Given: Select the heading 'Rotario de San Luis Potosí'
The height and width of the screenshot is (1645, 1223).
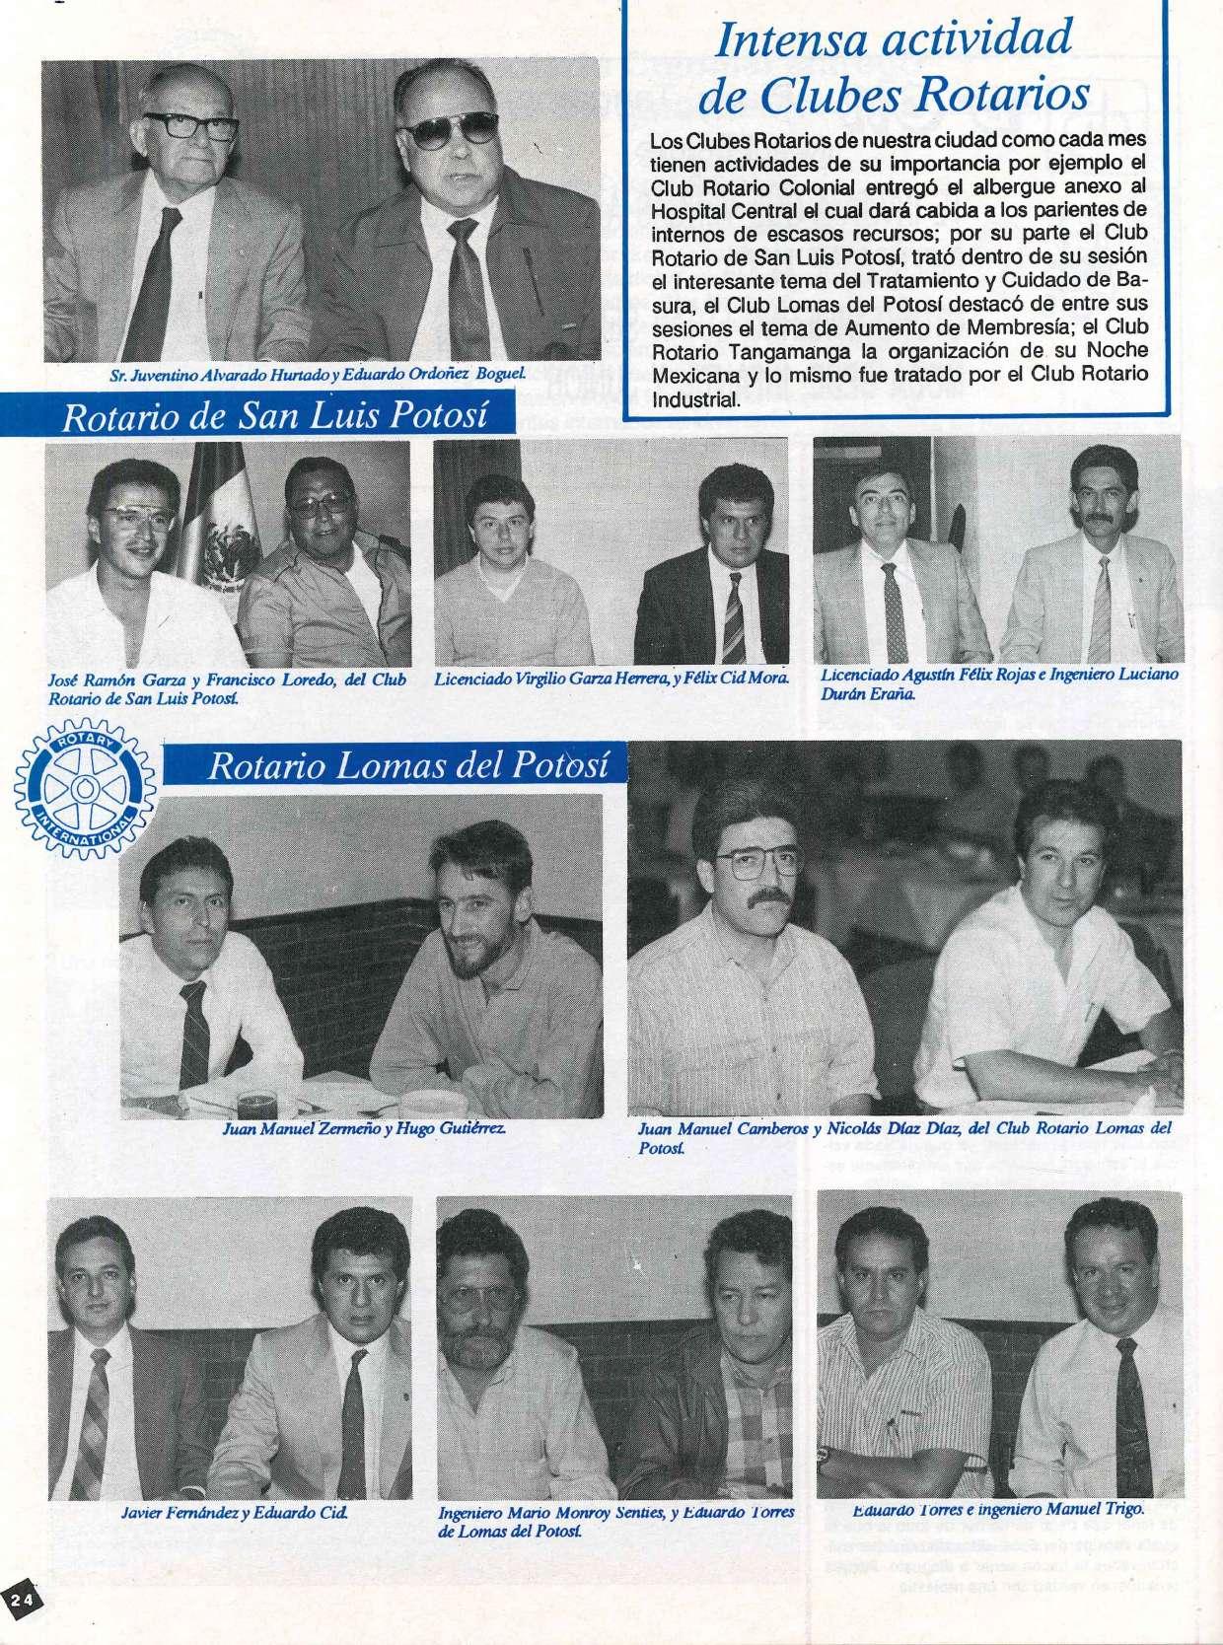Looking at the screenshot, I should coord(275,416).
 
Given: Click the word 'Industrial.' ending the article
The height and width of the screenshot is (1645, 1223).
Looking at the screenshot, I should coord(695,400).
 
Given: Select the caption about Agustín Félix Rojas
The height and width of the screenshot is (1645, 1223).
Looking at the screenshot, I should coord(998,683).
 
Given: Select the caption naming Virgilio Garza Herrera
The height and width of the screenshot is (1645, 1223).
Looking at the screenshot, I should coord(611,679).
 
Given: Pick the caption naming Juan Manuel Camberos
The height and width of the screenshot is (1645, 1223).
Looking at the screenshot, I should coord(903,1136).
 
